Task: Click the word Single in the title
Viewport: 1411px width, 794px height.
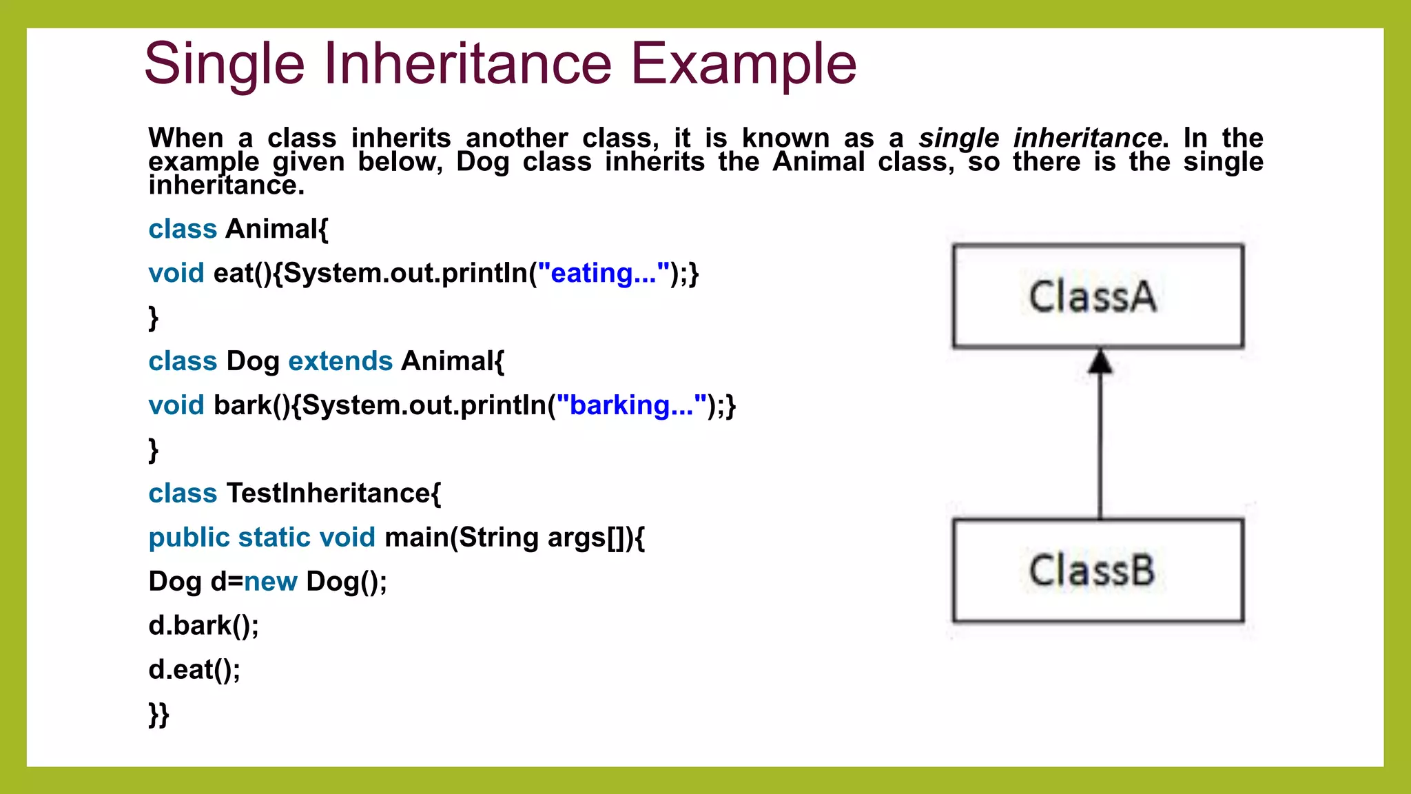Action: point(224,64)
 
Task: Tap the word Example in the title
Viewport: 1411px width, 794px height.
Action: point(743,64)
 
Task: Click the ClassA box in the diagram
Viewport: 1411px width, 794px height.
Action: point(1098,296)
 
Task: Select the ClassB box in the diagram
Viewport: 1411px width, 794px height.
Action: point(1098,571)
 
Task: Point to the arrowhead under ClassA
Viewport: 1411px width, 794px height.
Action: point(1100,361)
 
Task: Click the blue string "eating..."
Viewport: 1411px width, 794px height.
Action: point(604,273)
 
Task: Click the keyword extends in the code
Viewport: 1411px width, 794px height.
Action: point(340,361)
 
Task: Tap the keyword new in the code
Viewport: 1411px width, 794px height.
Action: point(271,582)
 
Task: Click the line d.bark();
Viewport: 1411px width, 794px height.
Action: point(203,626)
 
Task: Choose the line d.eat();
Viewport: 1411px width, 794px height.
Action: point(194,670)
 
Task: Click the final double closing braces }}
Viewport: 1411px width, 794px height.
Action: point(158,715)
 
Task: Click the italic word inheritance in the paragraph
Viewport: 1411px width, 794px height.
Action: point(1087,138)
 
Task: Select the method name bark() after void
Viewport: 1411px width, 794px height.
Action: point(252,405)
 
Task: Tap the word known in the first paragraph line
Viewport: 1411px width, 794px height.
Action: point(785,138)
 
